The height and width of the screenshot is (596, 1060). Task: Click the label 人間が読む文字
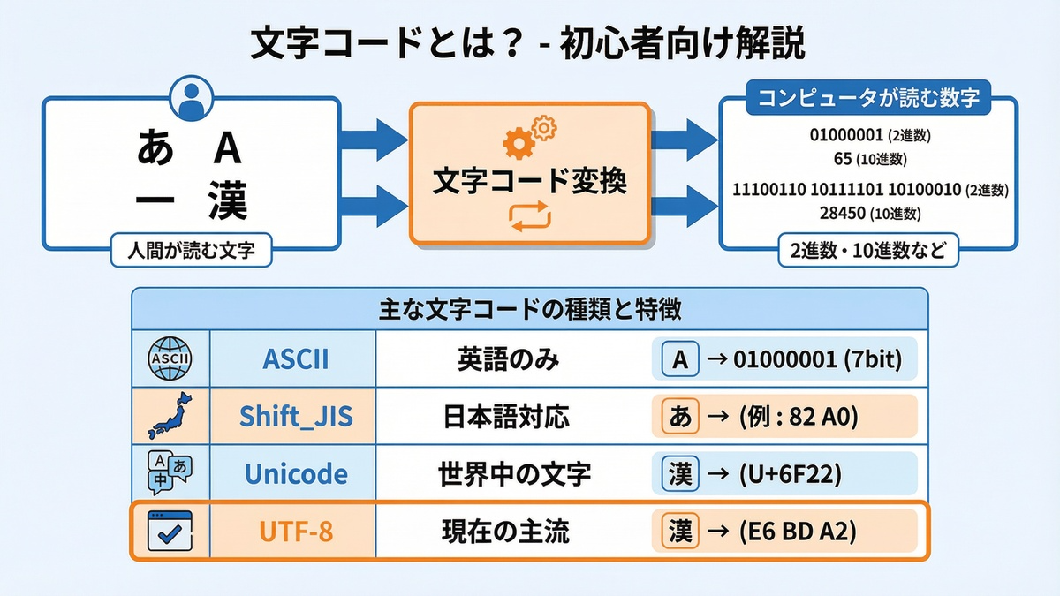pyautogui.click(x=190, y=250)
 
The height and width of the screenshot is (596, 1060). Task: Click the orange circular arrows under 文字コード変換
pyautogui.click(x=529, y=216)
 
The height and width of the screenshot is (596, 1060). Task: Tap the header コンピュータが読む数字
pyautogui.click(x=868, y=98)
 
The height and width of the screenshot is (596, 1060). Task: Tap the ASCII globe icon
pyautogui.click(x=170, y=359)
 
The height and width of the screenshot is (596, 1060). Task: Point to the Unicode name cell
pyautogui.click(x=295, y=474)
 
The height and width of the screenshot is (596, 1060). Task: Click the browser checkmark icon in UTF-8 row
pyautogui.click(x=170, y=532)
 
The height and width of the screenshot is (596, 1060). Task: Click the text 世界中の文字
pyautogui.click(x=514, y=474)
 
